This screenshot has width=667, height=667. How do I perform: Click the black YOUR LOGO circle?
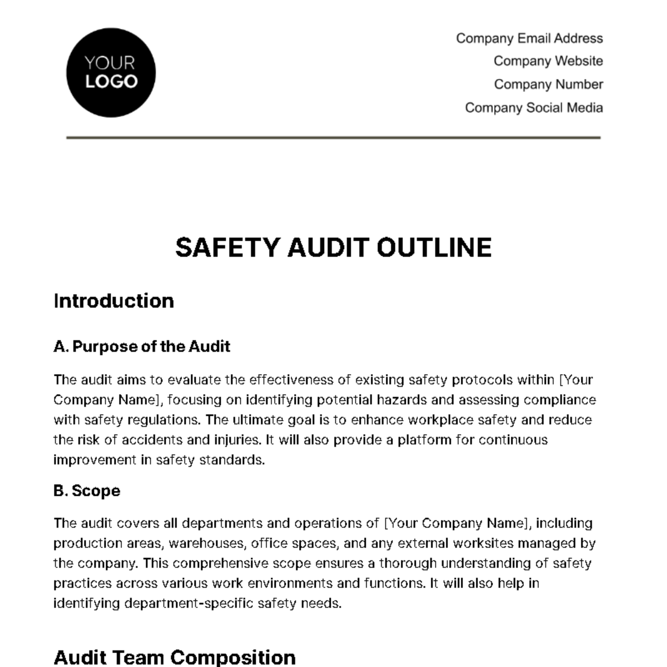111,73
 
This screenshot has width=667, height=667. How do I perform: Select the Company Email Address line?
529,38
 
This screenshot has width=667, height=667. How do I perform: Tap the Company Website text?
548,61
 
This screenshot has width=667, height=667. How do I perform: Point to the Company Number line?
548,84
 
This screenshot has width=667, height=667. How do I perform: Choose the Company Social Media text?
534,107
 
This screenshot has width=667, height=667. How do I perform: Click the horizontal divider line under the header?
333,137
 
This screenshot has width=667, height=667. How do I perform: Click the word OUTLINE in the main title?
434,247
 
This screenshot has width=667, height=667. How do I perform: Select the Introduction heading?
114,301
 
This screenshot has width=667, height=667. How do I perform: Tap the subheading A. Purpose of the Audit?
142,346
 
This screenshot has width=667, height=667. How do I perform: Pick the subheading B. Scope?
87,491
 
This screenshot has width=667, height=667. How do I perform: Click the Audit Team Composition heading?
175,657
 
